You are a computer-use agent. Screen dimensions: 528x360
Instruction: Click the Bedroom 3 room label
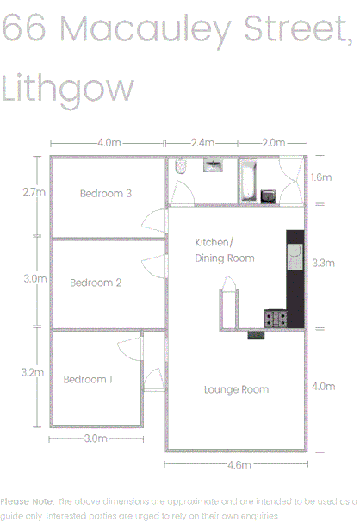click(106, 194)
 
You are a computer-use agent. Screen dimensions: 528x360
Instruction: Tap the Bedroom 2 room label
click(96, 283)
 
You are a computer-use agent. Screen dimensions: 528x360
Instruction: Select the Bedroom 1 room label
click(88, 379)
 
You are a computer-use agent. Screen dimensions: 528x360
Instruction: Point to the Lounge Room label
click(236, 390)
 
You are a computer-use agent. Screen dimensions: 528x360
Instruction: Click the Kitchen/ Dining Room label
click(224, 250)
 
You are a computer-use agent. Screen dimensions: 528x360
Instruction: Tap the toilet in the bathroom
click(179, 168)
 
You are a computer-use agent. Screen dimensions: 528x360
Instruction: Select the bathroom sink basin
click(213, 165)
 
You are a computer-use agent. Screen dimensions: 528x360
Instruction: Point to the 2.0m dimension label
click(273, 142)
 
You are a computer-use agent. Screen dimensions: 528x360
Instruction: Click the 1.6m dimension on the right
click(320, 177)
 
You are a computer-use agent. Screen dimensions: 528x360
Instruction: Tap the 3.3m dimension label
click(322, 264)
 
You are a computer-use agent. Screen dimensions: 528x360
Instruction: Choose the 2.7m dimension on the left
click(34, 193)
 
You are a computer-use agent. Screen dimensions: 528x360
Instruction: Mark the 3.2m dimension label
click(32, 372)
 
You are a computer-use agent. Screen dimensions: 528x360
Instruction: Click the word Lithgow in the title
click(68, 89)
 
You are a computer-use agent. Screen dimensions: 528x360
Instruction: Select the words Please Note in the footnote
click(28, 500)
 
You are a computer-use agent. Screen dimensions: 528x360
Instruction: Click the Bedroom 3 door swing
click(152, 221)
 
